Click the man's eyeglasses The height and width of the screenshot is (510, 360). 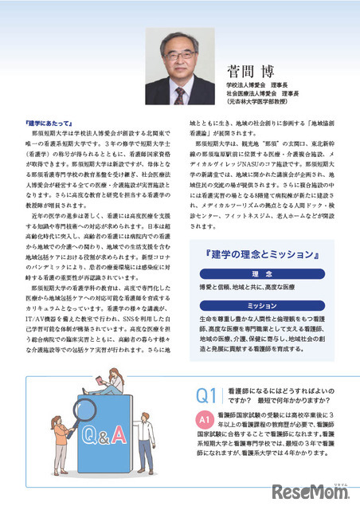(180, 57)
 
